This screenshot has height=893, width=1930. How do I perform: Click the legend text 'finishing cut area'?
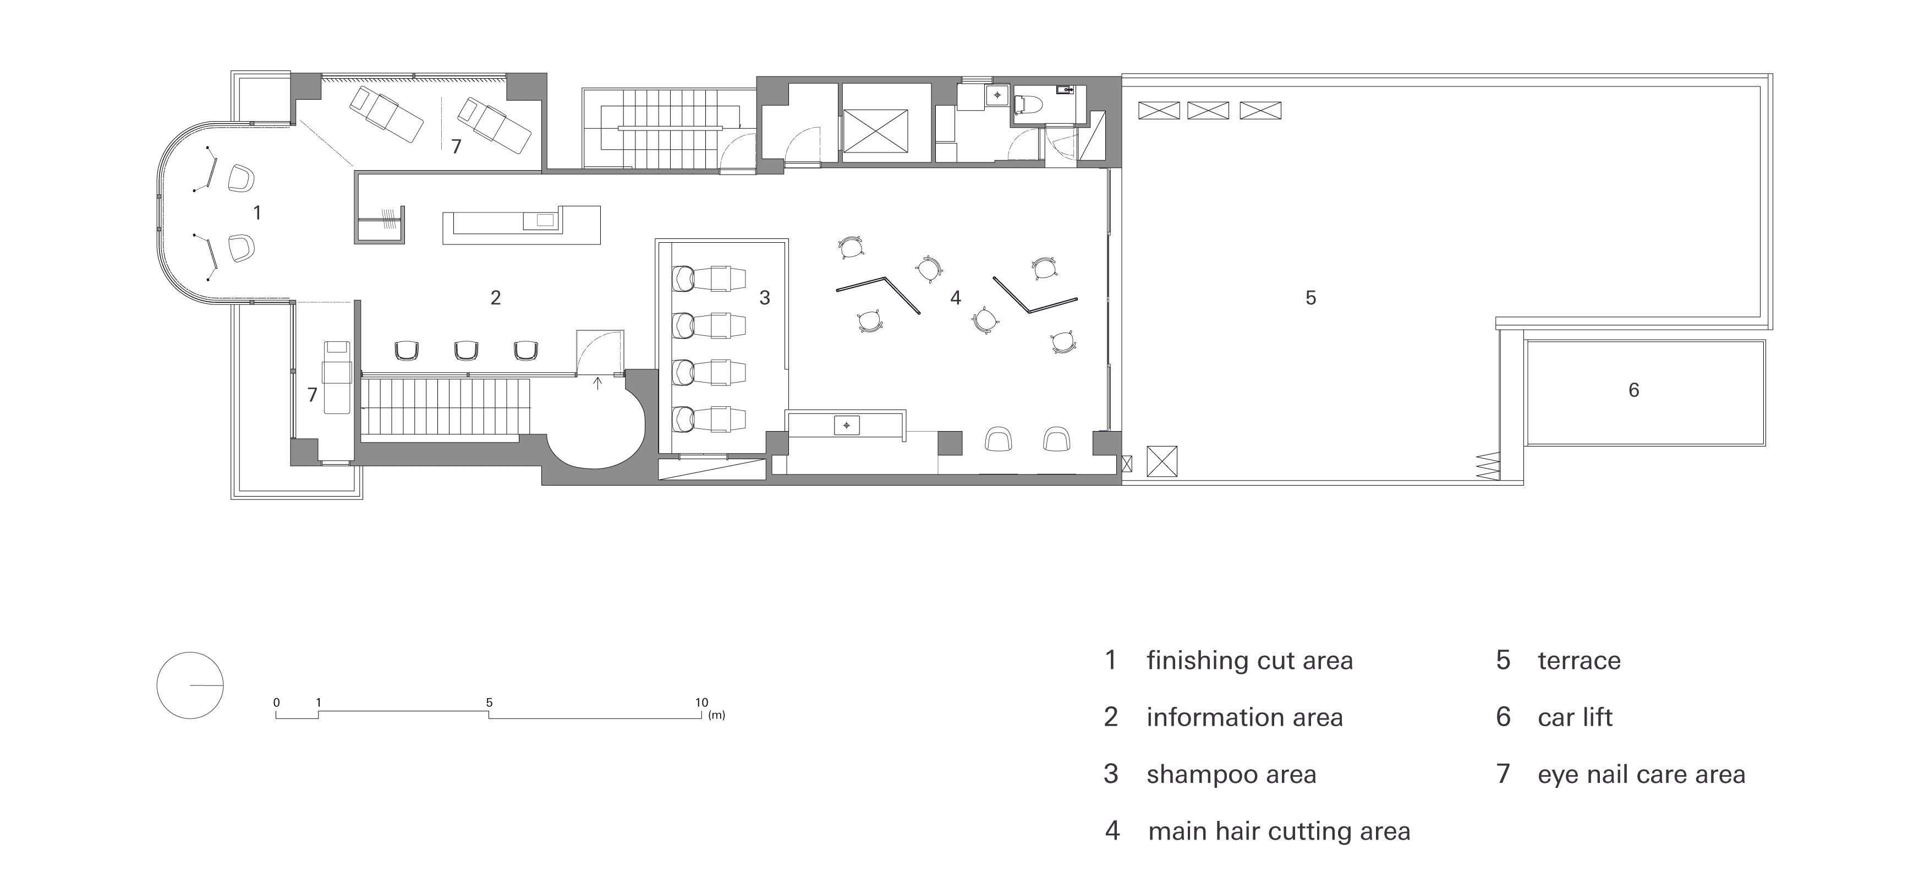tap(1249, 661)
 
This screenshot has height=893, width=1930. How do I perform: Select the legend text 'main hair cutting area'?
tap(1279, 831)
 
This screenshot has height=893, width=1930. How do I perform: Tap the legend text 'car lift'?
tap(1575, 717)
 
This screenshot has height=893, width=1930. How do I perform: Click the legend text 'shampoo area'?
tap(1231, 775)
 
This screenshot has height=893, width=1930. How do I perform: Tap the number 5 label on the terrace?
tap(1311, 298)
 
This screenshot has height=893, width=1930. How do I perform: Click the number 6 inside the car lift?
tap(1634, 390)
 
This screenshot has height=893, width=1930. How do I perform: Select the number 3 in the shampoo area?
tap(764, 298)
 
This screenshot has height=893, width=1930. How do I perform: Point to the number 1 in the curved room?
tap(257, 213)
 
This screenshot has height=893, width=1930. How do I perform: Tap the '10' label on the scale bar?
tap(701, 703)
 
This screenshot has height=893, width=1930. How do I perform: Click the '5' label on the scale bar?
tap(489, 703)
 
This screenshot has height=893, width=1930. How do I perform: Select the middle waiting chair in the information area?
tap(466, 350)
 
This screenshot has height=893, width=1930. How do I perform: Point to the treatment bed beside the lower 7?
tap(336, 377)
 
